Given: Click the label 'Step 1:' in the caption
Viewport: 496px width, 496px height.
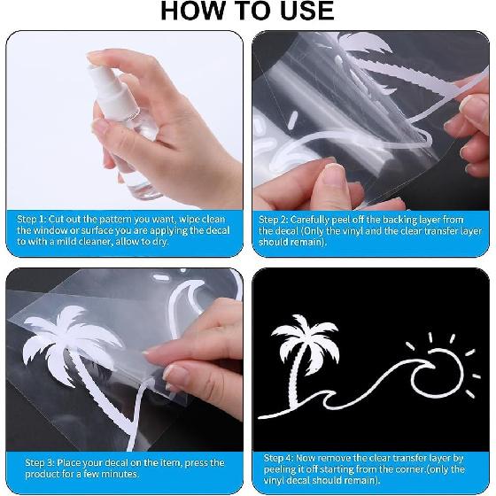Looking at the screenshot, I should coord(34,218).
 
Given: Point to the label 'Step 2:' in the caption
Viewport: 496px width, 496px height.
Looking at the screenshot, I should coord(275,218).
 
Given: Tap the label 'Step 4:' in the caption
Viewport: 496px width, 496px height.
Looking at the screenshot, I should coord(281,458).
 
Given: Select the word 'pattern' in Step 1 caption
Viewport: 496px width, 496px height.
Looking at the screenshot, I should coord(113,218).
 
